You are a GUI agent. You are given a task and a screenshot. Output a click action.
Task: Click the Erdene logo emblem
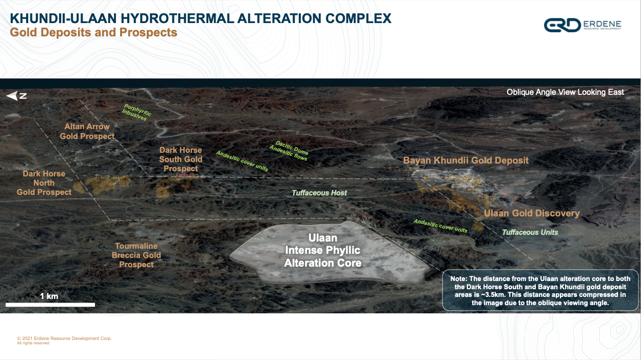coord(562,25)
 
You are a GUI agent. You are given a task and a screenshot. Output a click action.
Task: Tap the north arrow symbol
coord(16,96)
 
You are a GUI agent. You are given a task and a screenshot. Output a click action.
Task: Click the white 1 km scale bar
coord(50,305)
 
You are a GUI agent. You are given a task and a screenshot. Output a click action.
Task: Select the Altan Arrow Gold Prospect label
coord(87,131)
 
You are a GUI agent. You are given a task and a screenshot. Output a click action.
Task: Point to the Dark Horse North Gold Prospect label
coord(44,183)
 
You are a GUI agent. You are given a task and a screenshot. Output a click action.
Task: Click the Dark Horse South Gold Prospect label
coord(181,159)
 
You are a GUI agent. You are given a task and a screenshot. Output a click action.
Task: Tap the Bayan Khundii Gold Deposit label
coord(465,161)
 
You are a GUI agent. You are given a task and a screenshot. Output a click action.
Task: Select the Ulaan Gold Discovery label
coord(532,213)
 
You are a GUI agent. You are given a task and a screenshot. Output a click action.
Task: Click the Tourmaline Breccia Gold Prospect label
coord(136,255)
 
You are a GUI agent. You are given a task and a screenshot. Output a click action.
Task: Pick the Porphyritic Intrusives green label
coord(136,112)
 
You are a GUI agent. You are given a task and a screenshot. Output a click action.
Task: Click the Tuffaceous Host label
coord(319,193)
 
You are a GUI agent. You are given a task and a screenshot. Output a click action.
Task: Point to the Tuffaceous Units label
coord(530,232)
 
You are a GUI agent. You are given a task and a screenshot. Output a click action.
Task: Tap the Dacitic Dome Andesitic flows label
coord(289,151)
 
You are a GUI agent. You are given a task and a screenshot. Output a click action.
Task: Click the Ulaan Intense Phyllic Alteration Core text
coord(323,250)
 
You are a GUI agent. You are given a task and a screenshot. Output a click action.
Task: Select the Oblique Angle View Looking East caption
coord(565,92)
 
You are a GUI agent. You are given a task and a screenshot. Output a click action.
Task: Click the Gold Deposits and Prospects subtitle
coord(93,32)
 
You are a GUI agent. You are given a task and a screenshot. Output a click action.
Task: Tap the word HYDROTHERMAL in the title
coord(177,18)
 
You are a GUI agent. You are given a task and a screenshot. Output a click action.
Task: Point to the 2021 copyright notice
coord(64,341)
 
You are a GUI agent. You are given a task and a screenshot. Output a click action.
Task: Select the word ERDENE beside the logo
coord(602,24)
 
